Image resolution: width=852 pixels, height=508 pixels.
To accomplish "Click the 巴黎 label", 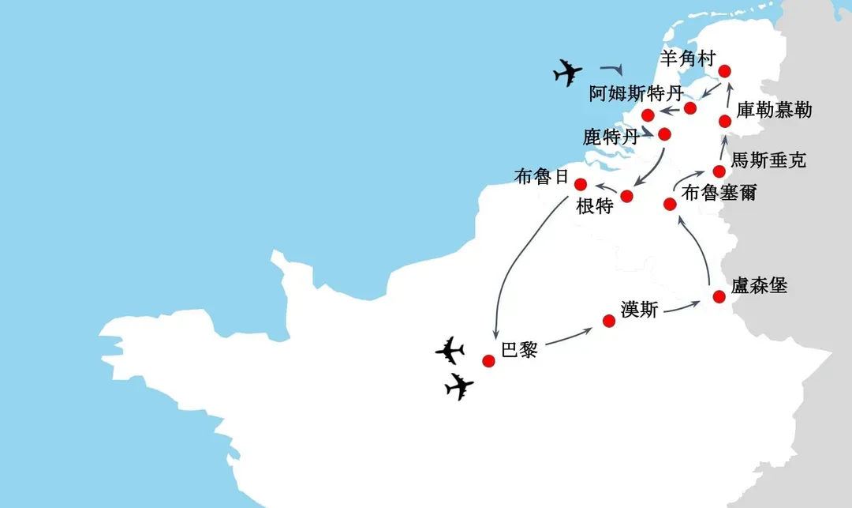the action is (x=519, y=349).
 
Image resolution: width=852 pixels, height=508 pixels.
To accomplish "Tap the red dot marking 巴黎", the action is (x=488, y=360).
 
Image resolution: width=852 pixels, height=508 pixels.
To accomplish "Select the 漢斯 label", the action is (x=640, y=310).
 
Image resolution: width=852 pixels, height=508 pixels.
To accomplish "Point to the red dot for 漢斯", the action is (x=609, y=321).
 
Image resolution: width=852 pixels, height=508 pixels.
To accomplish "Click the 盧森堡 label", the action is (x=759, y=285).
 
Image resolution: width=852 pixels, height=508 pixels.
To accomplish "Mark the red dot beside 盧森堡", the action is (x=719, y=296).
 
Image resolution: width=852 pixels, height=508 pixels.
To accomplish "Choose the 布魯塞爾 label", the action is (x=719, y=193).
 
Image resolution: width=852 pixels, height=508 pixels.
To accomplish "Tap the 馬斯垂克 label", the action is (x=768, y=160).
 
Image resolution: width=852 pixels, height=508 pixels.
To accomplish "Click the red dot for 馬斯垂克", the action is (x=719, y=171).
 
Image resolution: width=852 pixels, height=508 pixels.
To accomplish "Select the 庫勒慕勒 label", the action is (x=775, y=110).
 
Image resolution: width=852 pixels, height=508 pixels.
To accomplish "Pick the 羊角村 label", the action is (x=688, y=58).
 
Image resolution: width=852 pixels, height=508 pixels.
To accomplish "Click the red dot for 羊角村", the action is (x=724, y=71).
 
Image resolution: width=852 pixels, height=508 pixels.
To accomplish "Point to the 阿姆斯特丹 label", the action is (x=637, y=93).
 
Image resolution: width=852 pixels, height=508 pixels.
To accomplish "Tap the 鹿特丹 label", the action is (x=611, y=137).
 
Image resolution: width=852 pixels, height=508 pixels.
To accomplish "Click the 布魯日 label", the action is (x=542, y=176).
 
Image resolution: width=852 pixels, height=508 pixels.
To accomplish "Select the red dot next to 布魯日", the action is (x=581, y=184).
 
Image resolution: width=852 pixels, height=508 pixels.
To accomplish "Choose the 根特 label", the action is (x=595, y=206).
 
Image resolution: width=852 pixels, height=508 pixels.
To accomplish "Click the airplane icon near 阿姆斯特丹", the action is (x=568, y=72).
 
